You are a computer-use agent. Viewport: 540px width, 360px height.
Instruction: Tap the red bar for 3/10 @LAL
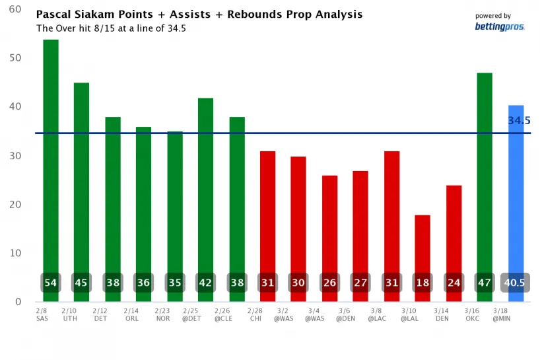pos(422,244)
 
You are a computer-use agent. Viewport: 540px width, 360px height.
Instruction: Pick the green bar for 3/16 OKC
pos(485,172)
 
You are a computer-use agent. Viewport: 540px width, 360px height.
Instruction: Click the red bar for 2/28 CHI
pos(267,211)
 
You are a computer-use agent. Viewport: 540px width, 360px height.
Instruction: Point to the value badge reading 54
pos(51,283)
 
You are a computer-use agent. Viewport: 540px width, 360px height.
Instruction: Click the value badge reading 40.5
pos(516,283)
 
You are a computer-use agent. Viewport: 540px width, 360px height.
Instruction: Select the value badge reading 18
pos(422,283)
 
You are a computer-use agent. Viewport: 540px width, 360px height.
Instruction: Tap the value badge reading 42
pos(205,283)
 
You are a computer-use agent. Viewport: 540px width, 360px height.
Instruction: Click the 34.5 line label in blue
pos(519,121)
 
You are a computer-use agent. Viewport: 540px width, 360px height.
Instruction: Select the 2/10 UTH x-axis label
pos(69,313)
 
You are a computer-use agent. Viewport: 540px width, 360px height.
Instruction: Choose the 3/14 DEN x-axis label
pos(442,313)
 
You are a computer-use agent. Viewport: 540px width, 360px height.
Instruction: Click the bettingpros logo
pos(499,26)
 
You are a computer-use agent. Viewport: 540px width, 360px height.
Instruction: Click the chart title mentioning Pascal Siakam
pos(199,14)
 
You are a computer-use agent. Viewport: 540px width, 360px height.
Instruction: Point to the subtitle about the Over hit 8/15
pos(110,28)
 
